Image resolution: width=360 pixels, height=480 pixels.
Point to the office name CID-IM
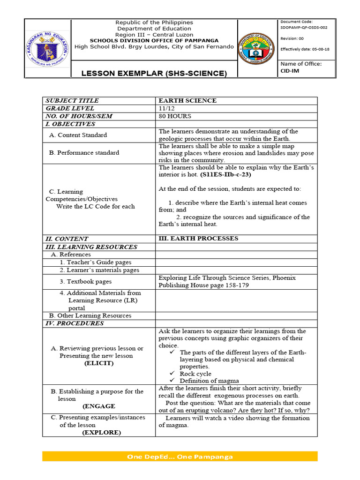(x=289, y=71)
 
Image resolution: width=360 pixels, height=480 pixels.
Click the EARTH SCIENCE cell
(x=187, y=101)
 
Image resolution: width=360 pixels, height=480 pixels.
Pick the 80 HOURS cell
(x=176, y=116)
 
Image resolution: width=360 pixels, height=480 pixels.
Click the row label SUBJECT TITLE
(x=72, y=101)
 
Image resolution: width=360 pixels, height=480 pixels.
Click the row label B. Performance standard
(x=84, y=152)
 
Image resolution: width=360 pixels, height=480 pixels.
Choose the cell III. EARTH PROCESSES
(x=198, y=239)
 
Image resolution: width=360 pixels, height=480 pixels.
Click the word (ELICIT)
(x=98, y=363)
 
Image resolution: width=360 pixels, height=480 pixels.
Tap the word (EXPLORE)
(x=101, y=433)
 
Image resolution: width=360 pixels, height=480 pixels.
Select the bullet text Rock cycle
(x=195, y=374)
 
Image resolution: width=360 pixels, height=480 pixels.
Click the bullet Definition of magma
(x=209, y=381)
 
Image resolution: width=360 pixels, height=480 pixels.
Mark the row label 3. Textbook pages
(x=86, y=282)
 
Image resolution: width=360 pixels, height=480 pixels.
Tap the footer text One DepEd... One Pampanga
(x=180, y=457)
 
